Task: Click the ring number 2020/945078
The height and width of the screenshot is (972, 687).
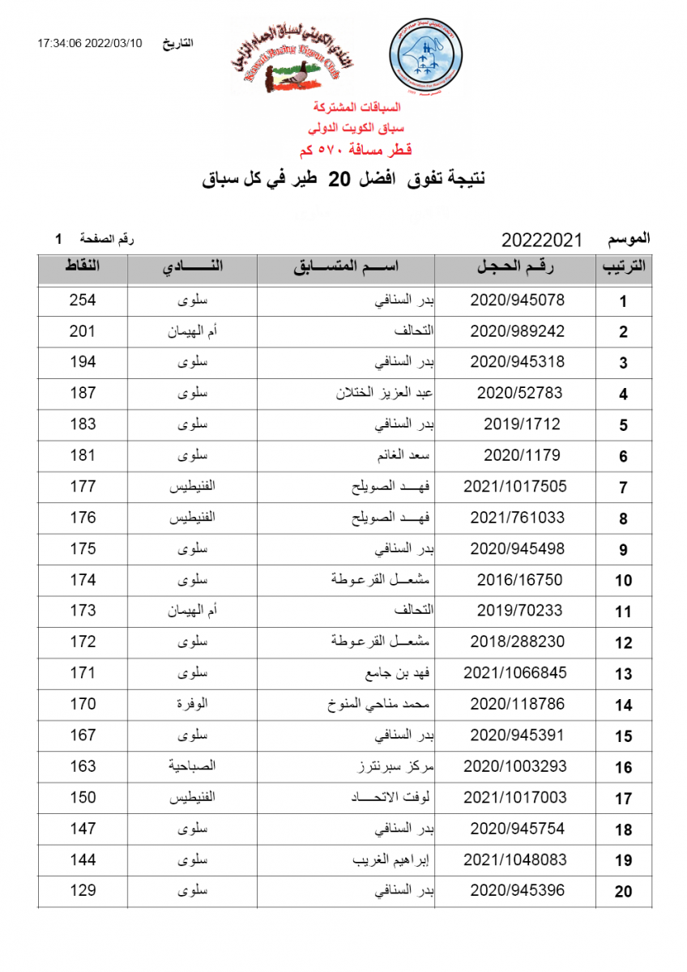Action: point(517,301)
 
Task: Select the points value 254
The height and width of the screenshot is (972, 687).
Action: point(83,301)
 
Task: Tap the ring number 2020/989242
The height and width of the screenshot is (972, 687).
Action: point(517,331)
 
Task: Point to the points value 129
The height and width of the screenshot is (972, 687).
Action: point(83,891)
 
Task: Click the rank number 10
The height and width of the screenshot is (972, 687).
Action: point(623,581)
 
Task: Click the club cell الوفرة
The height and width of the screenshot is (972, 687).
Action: point(192,705)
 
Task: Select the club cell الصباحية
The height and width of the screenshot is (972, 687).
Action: point(192,766)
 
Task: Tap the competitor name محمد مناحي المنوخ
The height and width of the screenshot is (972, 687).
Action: point(383,705)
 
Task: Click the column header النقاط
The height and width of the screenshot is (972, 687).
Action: point(83,266)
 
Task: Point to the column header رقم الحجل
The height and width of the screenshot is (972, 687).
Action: point(517,267)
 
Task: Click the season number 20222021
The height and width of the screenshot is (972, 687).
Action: point(542,241)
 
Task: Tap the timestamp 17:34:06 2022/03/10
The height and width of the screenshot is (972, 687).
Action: point(89,43)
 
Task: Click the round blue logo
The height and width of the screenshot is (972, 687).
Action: point(426,56)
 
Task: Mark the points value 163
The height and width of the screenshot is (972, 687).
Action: point(83,766)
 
